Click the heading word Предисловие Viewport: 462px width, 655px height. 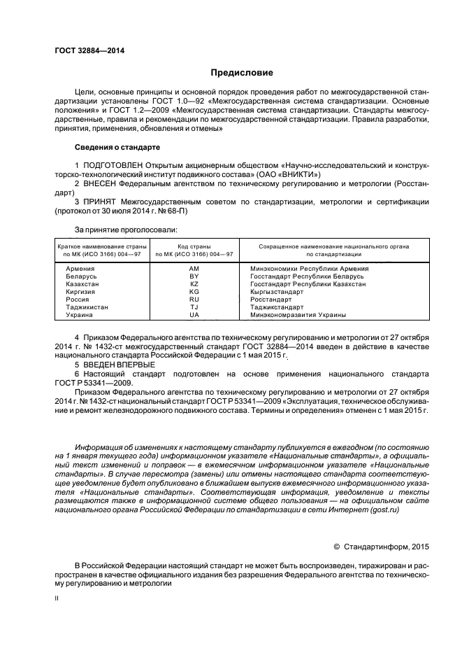point(243,73)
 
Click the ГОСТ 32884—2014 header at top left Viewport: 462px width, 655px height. point(85,50)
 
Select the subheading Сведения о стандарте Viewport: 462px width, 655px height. point(117,148)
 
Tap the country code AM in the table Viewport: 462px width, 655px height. point(194,269)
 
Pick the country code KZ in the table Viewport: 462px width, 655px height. point(194,284)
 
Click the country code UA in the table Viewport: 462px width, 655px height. point(194,315)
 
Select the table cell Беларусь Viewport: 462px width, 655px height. point(82,276)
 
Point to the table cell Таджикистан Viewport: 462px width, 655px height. point(87,307)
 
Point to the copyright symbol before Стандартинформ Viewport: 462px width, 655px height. point(337,546)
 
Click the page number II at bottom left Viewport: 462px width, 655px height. point(57,599)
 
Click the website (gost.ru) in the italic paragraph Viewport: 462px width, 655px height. point(386,512)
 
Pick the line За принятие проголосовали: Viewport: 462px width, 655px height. point(126,229)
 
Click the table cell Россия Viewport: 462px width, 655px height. point(78,300)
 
